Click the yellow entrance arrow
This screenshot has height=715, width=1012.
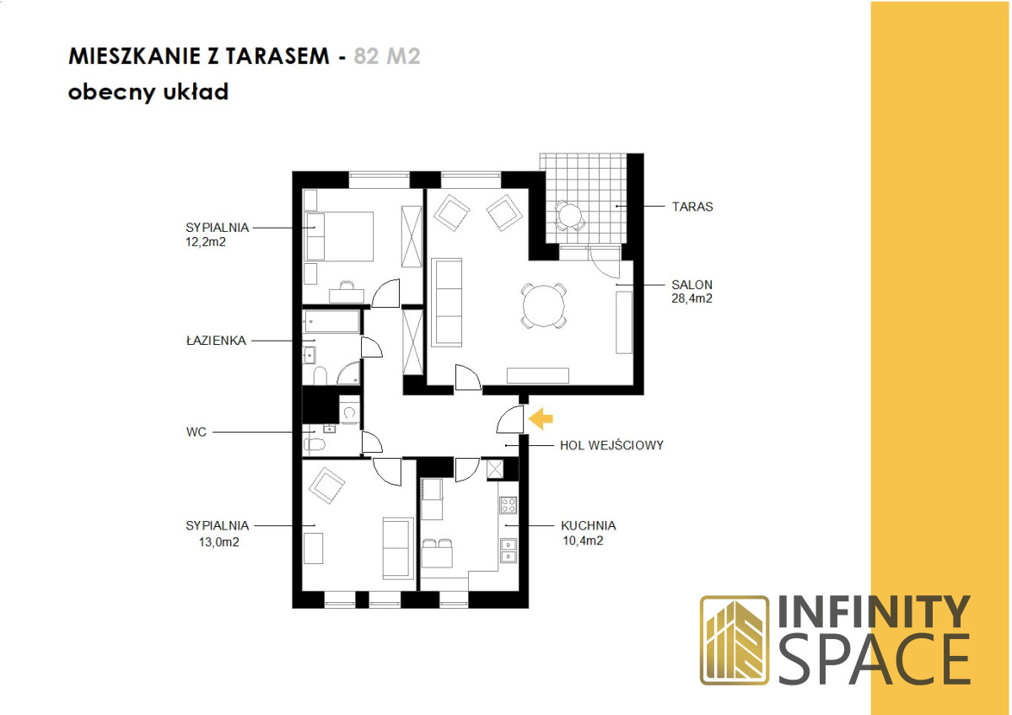pyautogui.click(x=541, y=419)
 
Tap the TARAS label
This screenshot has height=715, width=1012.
pyautogui.click(x=692, y=207)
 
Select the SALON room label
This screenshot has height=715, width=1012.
pyautogui.click(x=692, y=285)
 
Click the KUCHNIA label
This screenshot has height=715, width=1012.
pyautogui.click(x=589, y=526)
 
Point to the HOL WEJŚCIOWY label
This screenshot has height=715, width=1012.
pyautogui.click(x=611, y=445)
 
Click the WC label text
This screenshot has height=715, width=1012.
pyautogui.click(x=196, y=433)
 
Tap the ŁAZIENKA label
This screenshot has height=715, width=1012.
pyautogui.click(x=216, y=340)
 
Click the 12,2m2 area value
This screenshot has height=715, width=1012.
pyautogui.click(x=206, y=242)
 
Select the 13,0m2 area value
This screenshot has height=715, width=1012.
pyautogui.click(x=219, y=542)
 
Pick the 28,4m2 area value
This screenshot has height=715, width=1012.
pyautogui.click(x=692, y=298)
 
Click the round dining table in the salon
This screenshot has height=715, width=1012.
pyautogui.click(x=543, y=306)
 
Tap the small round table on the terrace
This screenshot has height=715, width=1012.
pyautogui.click(x=569, y=216)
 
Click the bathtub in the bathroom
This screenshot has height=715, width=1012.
pyautogui.click(x=332, y=321)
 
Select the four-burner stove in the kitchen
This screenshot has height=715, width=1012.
pyautogui.click(x=508, y=505)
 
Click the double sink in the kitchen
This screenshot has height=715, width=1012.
pyautogui.click(x=509, y=551)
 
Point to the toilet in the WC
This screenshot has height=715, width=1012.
pyautogui.click(x=315, y=445)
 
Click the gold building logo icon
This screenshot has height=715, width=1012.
pyautogui.click(x=735, y=641)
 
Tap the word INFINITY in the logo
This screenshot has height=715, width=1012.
pyautogui.click(x=874, y=612)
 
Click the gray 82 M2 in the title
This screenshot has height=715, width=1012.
pyautogui.click(x=387, y=56)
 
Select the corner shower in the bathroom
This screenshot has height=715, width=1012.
pyautogui.click(x=348, y=373)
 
